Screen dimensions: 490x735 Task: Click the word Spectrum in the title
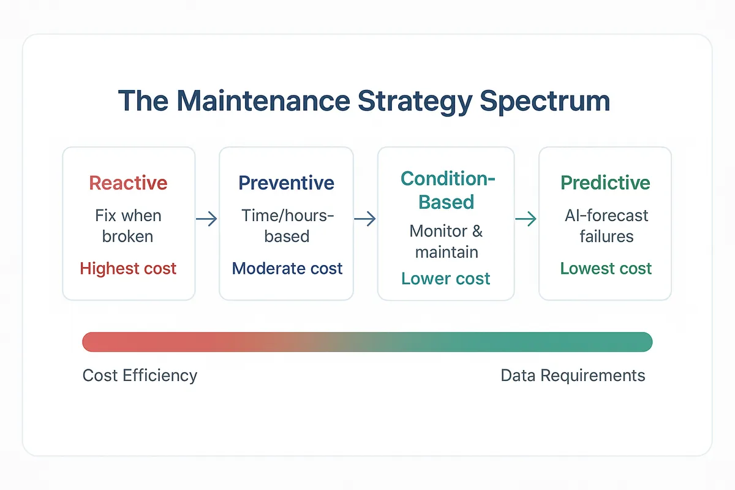(545, 101)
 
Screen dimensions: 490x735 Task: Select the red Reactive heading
(128, 183)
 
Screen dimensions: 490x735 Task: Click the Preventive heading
(286, 183)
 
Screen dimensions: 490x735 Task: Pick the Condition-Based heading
(447, 190)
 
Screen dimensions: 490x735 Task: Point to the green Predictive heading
(605, 183)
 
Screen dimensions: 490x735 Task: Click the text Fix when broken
(128, 225)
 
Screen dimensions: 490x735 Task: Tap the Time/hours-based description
(286, 225)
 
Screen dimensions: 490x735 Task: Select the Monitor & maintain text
(446, 241)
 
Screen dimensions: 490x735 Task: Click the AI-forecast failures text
(606, 225)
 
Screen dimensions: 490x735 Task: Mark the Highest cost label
(128, 268)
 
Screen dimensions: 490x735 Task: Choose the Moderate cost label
(287, 268)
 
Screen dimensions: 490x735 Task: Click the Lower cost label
(446, 279)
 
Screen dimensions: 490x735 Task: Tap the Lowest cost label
(606, 268)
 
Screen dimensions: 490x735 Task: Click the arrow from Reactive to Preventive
(206, 219)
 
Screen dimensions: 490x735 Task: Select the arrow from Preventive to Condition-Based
(365, 219)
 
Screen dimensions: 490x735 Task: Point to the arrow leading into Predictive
(526, 219)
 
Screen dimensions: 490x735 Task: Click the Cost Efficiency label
(140, 375)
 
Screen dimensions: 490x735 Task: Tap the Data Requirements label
(573, 375)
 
